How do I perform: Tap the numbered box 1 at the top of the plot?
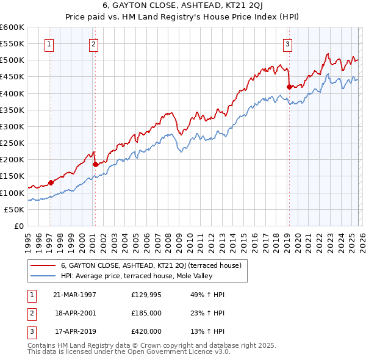pyautogui.click(x=49, y=43)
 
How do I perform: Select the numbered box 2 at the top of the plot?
pyautogui.click(x=93, y=43)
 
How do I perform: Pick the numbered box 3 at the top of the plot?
pyautogui.click(x=287, y=43)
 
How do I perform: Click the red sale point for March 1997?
pyautogui.click(x=51, y=182)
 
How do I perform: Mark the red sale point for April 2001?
pyautogui.click(x=95, y=164)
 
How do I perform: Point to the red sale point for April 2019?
pyautogui.click(x=289, y=87)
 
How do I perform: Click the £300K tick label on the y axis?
pyautogui.click(x=12, y=126)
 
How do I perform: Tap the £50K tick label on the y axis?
pyautogui.click(x=15, y=209)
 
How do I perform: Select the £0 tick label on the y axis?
pyautogui.click(x=20, y=226)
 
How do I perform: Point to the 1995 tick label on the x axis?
pyautogui.click(x=28, y=238)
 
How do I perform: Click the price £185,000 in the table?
pyautogui.click(x=146, y=312)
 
